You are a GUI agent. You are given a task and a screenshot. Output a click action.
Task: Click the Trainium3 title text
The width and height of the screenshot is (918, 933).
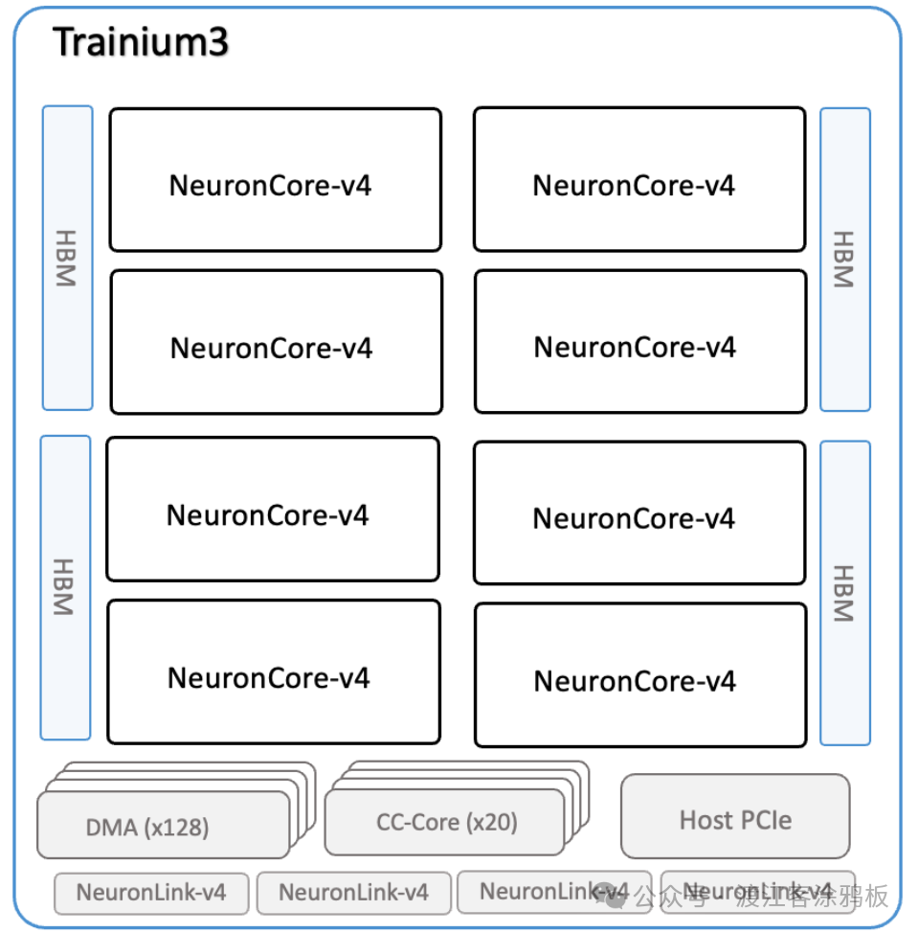coord(141,43)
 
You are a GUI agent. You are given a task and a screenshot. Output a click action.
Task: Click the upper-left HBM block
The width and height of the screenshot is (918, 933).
coord(67,258)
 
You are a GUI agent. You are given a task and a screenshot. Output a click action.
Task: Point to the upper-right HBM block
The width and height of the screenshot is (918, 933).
coord(844,259)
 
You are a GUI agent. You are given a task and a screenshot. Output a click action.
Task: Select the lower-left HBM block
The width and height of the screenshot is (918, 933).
coord(65,587)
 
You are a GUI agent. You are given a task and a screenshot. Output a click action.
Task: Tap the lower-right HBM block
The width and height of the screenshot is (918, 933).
coord(844,592)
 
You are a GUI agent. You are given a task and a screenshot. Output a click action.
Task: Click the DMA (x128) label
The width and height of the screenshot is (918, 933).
coord(147,827)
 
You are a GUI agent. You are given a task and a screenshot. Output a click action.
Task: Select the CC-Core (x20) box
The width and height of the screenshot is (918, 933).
coord(445,822)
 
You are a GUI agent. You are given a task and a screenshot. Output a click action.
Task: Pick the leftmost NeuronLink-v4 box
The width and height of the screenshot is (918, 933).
coord(151,893)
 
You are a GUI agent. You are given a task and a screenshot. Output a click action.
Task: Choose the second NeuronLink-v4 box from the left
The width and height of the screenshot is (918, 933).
coord(353,893)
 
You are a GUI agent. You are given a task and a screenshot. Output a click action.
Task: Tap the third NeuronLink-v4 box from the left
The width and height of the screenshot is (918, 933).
coord(553,892)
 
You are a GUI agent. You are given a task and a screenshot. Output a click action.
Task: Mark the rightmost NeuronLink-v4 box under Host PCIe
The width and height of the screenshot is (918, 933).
coord(757,892)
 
